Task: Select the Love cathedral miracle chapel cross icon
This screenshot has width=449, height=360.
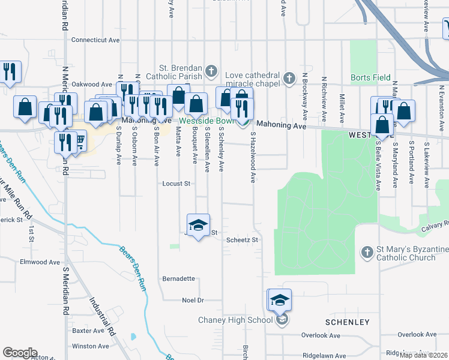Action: point(289,78)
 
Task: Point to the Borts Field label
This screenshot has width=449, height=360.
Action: point(371,77)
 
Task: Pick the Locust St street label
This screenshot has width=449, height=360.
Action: point(176,184)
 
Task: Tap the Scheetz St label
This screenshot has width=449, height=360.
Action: point(242,240)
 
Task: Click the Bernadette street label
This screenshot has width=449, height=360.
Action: point(179,278)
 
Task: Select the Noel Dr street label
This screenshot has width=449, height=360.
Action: point(193,300)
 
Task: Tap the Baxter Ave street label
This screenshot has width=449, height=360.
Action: point(88,331)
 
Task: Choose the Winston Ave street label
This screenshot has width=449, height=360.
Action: point(90,346)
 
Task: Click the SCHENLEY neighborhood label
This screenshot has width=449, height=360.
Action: point(348,322)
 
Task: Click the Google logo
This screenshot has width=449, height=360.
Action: point(20,353)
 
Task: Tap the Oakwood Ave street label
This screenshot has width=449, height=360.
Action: point(92,85)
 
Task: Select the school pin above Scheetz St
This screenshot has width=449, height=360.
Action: point(198,226)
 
